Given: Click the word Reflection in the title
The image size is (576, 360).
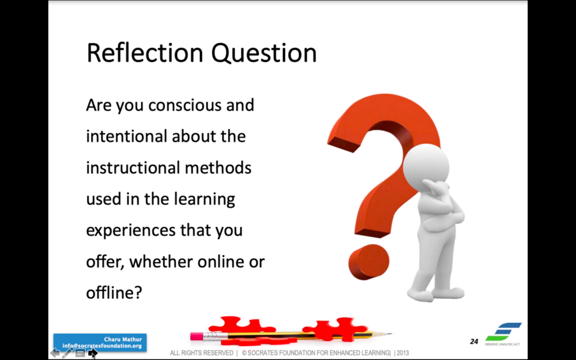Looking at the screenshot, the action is point(145,53).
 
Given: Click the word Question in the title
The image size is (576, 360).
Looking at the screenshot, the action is point(264,53).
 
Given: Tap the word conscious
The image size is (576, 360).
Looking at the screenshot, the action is point(184,105).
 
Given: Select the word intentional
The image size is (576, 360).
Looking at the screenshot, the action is point(126,136).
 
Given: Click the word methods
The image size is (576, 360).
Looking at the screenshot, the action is point(218,168).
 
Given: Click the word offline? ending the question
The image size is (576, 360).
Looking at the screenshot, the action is point(114,292).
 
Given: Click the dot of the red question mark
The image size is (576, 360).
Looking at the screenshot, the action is point(368,262).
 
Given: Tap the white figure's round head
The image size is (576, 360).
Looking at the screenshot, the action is point(426,164).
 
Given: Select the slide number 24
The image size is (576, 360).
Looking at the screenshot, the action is point(474,341).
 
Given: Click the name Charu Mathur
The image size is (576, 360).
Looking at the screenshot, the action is point(123,339).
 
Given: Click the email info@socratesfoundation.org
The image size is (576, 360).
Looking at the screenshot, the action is point(102,346).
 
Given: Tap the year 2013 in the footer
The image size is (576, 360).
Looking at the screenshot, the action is point(403,353).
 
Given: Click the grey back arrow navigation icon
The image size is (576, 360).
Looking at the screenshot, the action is point(55,353).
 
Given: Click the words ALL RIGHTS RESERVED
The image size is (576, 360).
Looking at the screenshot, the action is point(201,353).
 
